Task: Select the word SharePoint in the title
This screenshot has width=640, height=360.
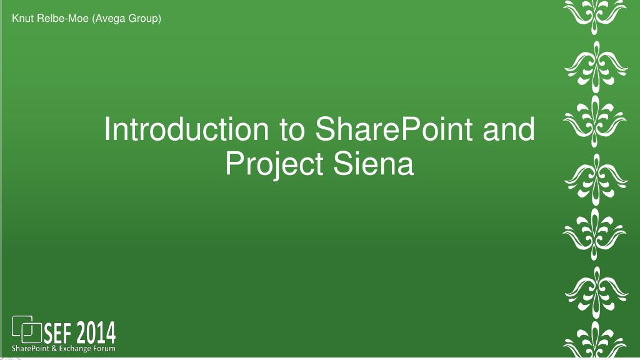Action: coord(394,129)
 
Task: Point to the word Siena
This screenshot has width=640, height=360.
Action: coord(374,163)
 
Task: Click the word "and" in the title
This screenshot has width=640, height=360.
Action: coord(509,129)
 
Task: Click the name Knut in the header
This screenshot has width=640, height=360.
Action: coord(22,18)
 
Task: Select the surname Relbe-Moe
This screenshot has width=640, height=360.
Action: coord(62,18)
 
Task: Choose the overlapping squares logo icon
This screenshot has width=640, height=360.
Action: coord(26,329)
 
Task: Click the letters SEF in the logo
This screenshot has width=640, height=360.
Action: coord(57,334)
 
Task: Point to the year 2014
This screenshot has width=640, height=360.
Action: coord(96,333)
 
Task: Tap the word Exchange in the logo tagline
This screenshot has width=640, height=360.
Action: coord(75,349)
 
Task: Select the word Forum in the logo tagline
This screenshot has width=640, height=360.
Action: coord(104,349)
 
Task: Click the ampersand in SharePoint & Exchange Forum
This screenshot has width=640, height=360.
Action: coord(54,349)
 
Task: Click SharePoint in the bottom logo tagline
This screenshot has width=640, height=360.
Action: coord(31,349)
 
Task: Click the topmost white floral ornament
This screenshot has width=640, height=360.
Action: coord(595,16)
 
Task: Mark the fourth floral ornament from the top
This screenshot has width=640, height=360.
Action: coord(596,179)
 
